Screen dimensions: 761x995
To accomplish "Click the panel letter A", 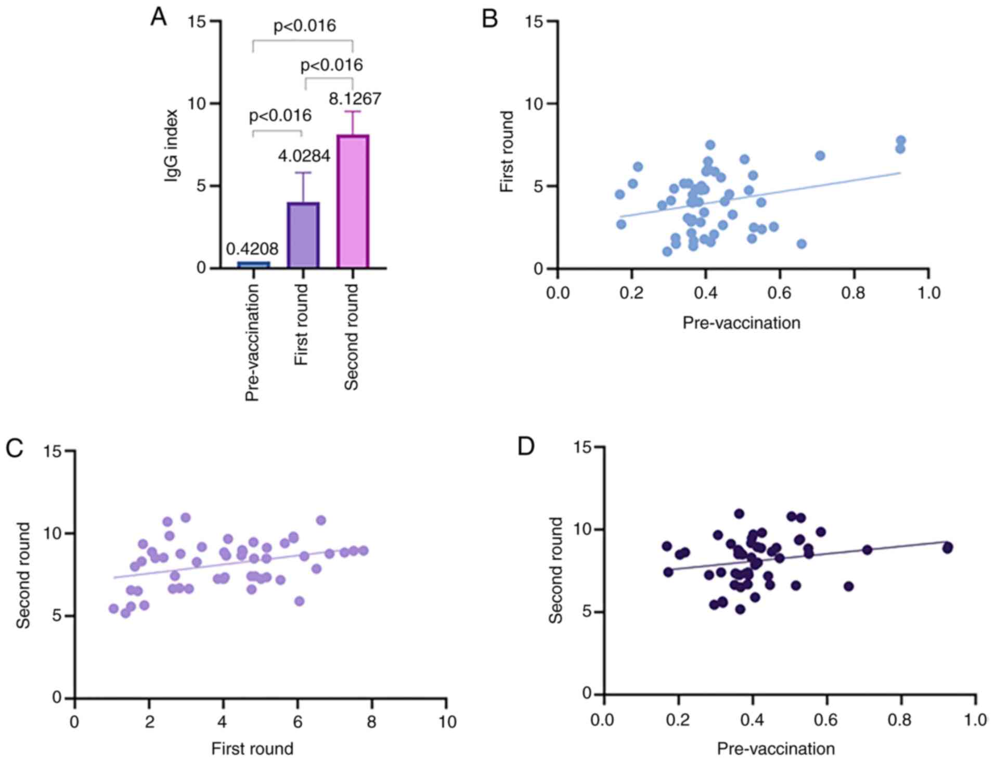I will (158, 18).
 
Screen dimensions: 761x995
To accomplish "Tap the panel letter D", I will (526, 447).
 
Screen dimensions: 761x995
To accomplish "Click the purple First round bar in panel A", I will (303, 235).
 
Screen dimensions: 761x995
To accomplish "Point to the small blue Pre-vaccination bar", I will (253, 264).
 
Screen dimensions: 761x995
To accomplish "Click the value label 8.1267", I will (355, 99).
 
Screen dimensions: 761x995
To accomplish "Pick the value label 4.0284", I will (304, 156).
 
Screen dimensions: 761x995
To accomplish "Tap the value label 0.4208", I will (252, 249).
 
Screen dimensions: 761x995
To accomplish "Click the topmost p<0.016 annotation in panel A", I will (305, 25).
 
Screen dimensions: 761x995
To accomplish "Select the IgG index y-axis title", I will (171, 146).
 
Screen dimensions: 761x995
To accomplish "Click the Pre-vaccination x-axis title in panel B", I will (741, 323).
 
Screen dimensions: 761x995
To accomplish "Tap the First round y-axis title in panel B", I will (507, 151).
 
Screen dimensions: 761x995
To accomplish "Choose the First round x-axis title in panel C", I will (252, 749).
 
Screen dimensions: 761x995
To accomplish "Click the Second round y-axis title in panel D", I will (556, 570).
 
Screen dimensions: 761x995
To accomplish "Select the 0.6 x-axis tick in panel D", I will (826, 720).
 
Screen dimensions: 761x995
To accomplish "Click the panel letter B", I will (490, 19).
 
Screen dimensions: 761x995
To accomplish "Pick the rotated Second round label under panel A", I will (352, 337).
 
